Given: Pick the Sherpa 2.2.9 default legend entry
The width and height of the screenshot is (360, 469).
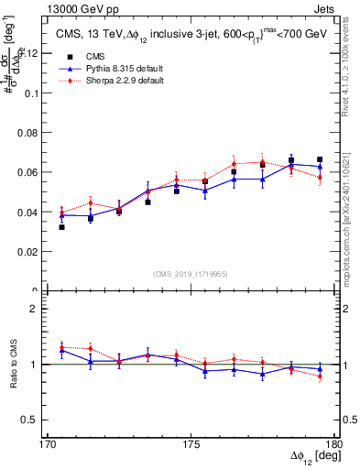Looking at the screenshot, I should [110, 81].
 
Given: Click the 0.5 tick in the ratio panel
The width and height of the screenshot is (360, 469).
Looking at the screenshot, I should [38, 420].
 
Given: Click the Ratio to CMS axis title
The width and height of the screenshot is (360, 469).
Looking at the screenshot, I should [13, 364].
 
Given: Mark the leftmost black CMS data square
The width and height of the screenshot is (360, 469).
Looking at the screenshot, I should [61, 226].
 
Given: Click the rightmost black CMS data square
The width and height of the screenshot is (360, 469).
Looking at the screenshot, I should [320, 159].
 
